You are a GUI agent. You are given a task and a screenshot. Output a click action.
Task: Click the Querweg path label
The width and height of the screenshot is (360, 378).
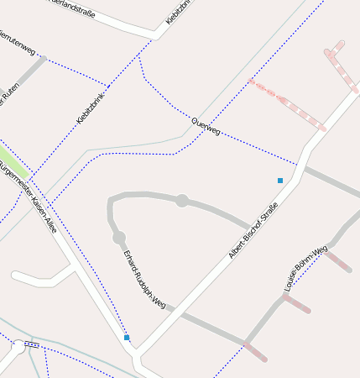(206, 127)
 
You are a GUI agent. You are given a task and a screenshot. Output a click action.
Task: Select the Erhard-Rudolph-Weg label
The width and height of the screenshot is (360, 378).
(143, 277)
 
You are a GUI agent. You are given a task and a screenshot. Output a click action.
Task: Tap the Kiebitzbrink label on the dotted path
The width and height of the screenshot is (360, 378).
(91, 108)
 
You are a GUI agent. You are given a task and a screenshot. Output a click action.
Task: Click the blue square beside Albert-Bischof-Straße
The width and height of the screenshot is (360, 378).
(280, 180)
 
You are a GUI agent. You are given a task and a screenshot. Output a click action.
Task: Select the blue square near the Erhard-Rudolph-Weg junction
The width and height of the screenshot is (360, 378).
(127, 338)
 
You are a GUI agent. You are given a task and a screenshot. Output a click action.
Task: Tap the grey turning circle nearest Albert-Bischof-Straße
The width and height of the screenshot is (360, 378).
(182, 200)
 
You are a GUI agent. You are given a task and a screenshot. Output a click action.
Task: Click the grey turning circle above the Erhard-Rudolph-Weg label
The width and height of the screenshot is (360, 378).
(119, 238)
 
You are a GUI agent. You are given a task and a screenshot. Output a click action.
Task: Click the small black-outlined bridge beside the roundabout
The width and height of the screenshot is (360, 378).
(32, 344)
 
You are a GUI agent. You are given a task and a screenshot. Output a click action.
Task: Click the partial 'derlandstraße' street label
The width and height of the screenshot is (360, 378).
(67, 8)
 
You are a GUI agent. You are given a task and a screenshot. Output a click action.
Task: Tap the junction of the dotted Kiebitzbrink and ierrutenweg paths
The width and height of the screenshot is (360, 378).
(108, 85)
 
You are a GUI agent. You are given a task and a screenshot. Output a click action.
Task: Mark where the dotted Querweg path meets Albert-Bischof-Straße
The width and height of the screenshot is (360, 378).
(299, 163)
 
